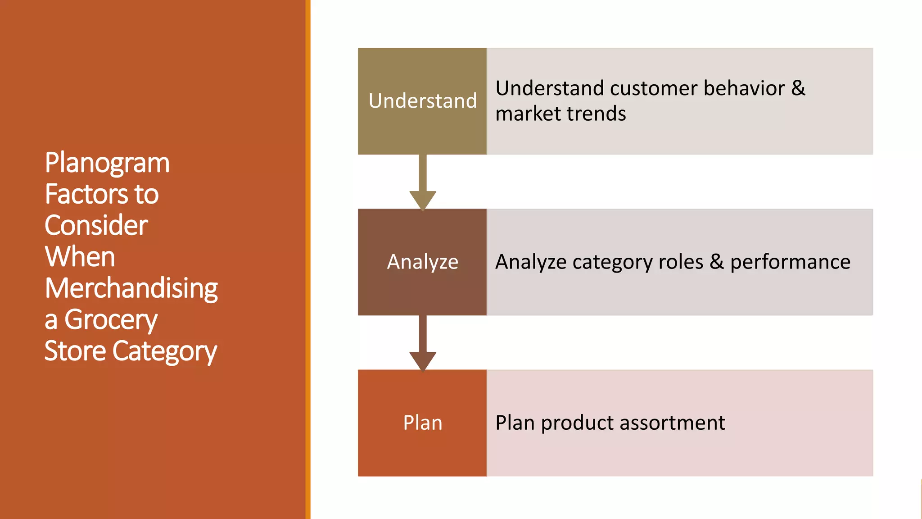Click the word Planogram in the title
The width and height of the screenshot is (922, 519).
[107, 163]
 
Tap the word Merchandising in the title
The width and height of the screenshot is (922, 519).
[131, 288]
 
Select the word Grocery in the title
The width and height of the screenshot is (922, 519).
[111, 320]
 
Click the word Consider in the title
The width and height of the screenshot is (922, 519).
[96, 225]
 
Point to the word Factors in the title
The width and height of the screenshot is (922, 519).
[83, 194]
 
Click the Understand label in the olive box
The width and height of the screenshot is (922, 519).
[422, 101]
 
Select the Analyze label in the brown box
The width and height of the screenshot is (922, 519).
[422, 262]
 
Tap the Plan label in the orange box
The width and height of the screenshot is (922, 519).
[422, 423]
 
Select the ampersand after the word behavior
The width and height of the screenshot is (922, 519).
[798, 88]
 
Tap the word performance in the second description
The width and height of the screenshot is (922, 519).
[790, 262]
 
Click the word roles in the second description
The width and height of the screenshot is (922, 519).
[681, 262]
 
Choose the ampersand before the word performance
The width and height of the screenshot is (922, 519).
[717, 262]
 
